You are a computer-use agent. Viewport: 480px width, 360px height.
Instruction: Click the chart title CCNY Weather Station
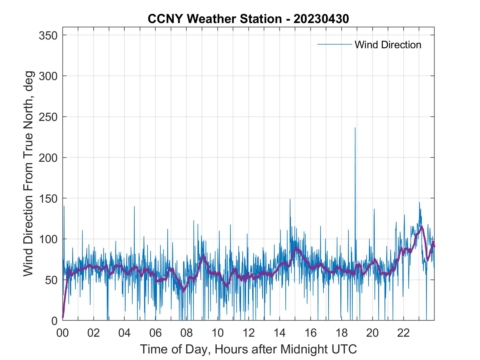(248, 19)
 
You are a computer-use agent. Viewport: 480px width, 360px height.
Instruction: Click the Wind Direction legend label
(388, 45)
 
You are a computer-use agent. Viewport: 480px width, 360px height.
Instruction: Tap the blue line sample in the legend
(334, 44)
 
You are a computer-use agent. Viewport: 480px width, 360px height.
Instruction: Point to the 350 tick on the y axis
(48, 35)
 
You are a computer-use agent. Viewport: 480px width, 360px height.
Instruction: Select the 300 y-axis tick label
(48, 76)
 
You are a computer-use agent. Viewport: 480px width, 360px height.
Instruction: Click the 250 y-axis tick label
(48, 117)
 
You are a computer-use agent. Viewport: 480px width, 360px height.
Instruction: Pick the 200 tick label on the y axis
(48, 158)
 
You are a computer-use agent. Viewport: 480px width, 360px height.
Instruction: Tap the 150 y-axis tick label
(48, 198)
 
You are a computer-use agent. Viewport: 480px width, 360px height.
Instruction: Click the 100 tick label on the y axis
(48, 239)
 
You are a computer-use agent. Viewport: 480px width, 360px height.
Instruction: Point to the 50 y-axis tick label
(52, 280)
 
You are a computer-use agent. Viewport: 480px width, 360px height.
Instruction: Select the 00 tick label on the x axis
(63, 333)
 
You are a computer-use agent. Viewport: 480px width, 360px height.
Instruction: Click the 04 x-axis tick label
(125, 333)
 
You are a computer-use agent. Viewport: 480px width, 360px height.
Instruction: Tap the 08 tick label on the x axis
(187, 333)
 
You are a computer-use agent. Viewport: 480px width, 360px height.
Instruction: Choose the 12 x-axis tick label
(249, 333)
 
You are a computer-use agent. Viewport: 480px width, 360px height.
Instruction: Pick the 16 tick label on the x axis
(310, 333)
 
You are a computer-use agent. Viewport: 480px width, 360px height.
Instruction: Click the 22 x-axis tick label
(403, 333)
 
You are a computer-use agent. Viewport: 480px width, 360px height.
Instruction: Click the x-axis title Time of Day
(248, 349)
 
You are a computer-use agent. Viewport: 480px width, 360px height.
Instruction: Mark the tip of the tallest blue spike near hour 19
(355, 128)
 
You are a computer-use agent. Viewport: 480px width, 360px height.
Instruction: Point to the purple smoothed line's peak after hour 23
(422, 226)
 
